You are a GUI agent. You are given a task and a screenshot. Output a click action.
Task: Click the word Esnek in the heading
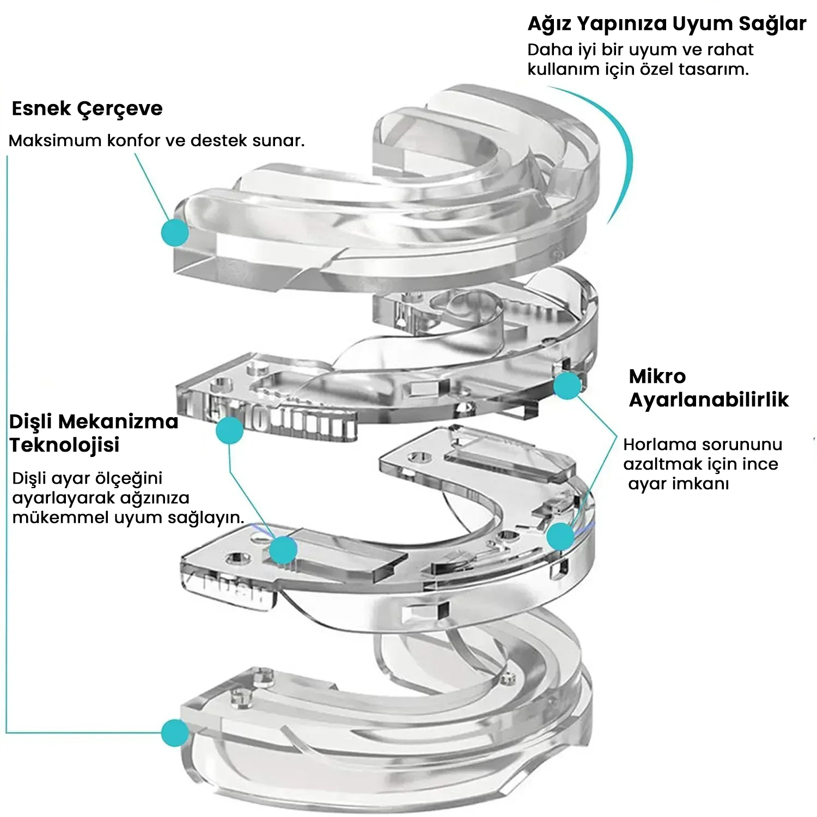point(41,109)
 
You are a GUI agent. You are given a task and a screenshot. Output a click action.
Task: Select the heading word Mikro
point(657,376)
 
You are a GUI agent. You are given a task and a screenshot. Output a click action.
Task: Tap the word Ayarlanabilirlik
point(708,400)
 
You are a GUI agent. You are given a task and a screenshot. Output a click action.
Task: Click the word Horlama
point(654,444)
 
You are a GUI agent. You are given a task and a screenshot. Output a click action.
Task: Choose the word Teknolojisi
point(64,446)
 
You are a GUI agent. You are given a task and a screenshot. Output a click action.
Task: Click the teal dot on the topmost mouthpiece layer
point(175,233)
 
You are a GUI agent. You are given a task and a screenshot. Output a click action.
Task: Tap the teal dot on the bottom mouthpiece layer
point(175,733)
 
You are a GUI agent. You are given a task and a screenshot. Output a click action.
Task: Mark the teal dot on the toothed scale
point(229,431)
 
